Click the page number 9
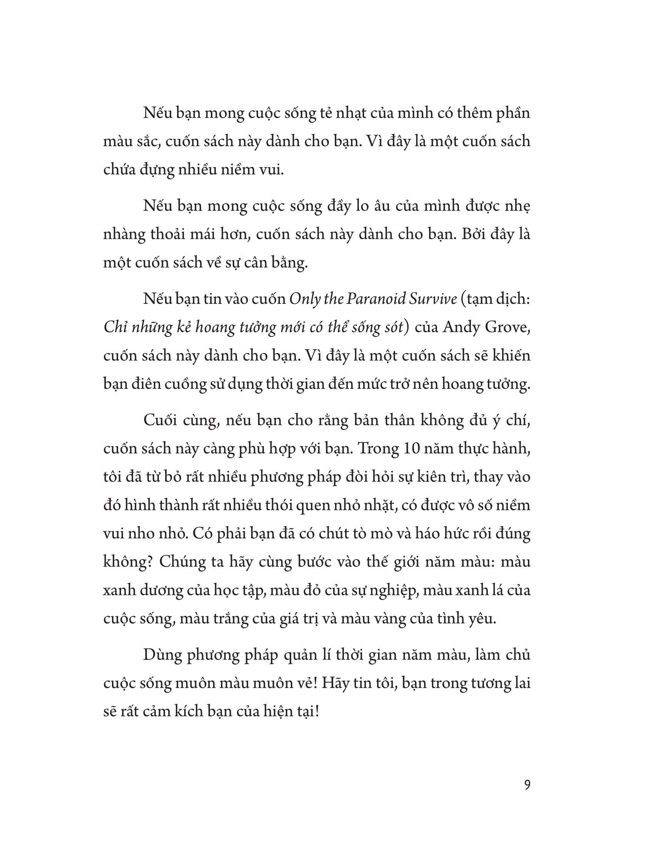point(527,785)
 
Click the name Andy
point(458,328)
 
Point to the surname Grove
point(505,328)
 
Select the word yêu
point(482,618)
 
